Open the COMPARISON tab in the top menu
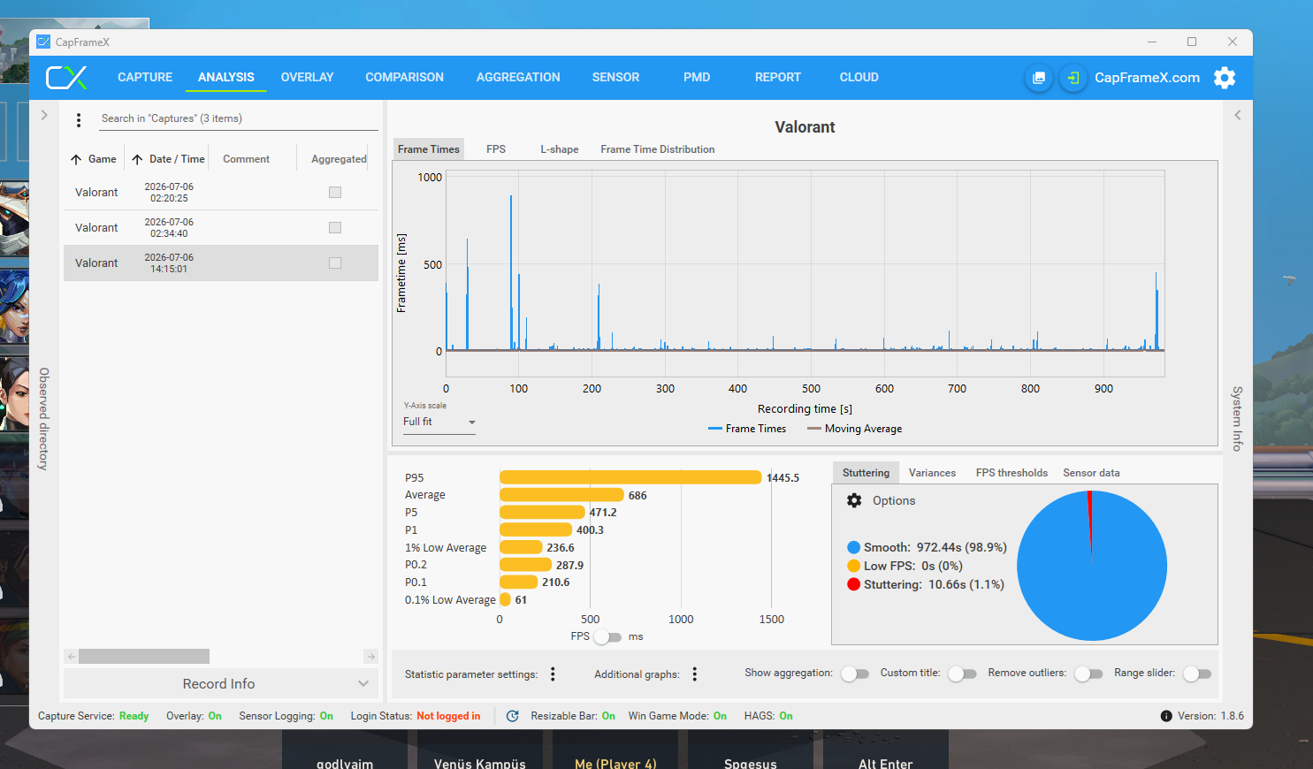[404, 78]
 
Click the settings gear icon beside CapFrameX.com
[1225, 78]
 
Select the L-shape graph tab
[559, 149]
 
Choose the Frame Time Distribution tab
[657, 149]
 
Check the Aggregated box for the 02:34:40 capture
[335, 227]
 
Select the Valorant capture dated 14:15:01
[220, 263]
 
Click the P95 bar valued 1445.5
[630, 477]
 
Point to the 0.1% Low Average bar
[505, 599]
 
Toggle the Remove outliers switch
[1088, 674]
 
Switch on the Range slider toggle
[1197, 674]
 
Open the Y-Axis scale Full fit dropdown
[439, 422]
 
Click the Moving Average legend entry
[855, 429]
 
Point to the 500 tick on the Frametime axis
[432, 264]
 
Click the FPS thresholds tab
[1011, 473]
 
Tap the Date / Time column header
[177, 159]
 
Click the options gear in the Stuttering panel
[854, 500]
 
